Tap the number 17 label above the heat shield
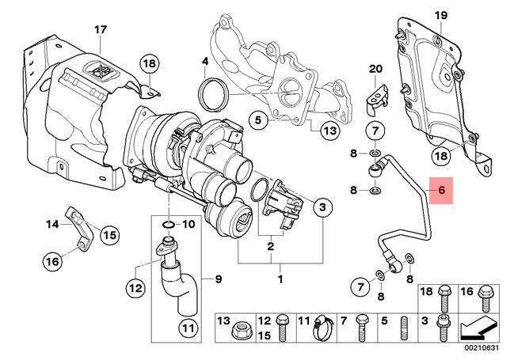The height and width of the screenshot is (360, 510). pyautogui.click(x=100, y=30)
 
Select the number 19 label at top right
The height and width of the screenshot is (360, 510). pyautogui.click(x=441, y=16)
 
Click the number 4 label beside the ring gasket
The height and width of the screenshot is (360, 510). pyautogui.click(x=204, y=62)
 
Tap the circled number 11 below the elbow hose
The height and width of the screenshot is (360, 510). pyautogui.click(x=186, y=327)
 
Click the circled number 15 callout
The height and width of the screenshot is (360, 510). pyautogui.click(x=108, y=234)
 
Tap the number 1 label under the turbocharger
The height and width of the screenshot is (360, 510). pyautogui.click(x=279, y=280)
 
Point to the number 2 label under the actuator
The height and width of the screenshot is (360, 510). pyautogui.click(x=269, y=247)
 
